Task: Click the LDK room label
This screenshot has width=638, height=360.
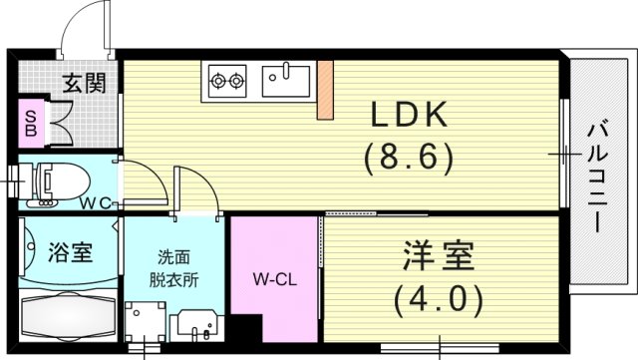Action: [x=409, y=118]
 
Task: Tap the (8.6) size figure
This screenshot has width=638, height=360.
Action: [x=409, y=157]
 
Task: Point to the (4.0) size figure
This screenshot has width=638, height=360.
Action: [x=438, y=296]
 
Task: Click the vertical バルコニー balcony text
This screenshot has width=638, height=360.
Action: [x=597, y=176]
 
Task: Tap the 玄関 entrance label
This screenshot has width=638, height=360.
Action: [x=87, y=85]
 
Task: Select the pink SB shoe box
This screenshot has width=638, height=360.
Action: [x=30, y=121]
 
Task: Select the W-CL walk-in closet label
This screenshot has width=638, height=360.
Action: [x=270, y=278]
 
